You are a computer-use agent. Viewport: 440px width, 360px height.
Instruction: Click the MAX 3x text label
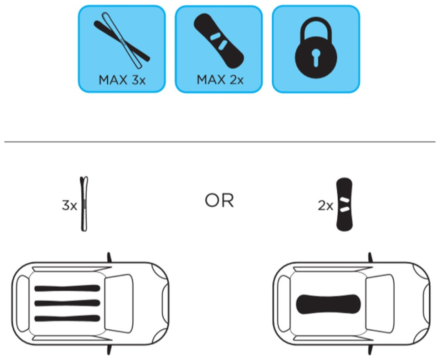122,80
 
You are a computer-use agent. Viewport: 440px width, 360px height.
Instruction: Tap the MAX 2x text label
220,80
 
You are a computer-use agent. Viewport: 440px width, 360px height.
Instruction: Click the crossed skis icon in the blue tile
121,40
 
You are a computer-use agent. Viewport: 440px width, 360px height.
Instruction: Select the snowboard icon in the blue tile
219,41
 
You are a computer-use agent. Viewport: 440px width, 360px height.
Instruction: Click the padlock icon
316,47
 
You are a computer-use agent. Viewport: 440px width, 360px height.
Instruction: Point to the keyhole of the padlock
316,57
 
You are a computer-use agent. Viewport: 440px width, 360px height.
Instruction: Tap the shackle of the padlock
316,28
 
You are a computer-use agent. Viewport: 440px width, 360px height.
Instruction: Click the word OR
219,201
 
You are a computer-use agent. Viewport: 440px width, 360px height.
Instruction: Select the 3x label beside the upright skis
69,205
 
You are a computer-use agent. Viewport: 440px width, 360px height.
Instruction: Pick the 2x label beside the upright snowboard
325,206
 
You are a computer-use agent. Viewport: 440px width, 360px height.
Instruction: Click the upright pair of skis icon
84,204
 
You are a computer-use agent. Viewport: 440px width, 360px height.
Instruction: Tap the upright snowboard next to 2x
344,204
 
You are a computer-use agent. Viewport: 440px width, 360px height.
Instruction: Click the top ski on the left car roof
67,288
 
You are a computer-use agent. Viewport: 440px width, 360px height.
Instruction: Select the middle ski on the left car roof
67,303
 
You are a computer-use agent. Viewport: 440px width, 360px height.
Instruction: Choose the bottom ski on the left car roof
67,318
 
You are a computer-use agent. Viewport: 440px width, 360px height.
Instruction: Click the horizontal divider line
220,142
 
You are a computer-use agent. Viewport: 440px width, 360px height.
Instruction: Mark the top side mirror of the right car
370,258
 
